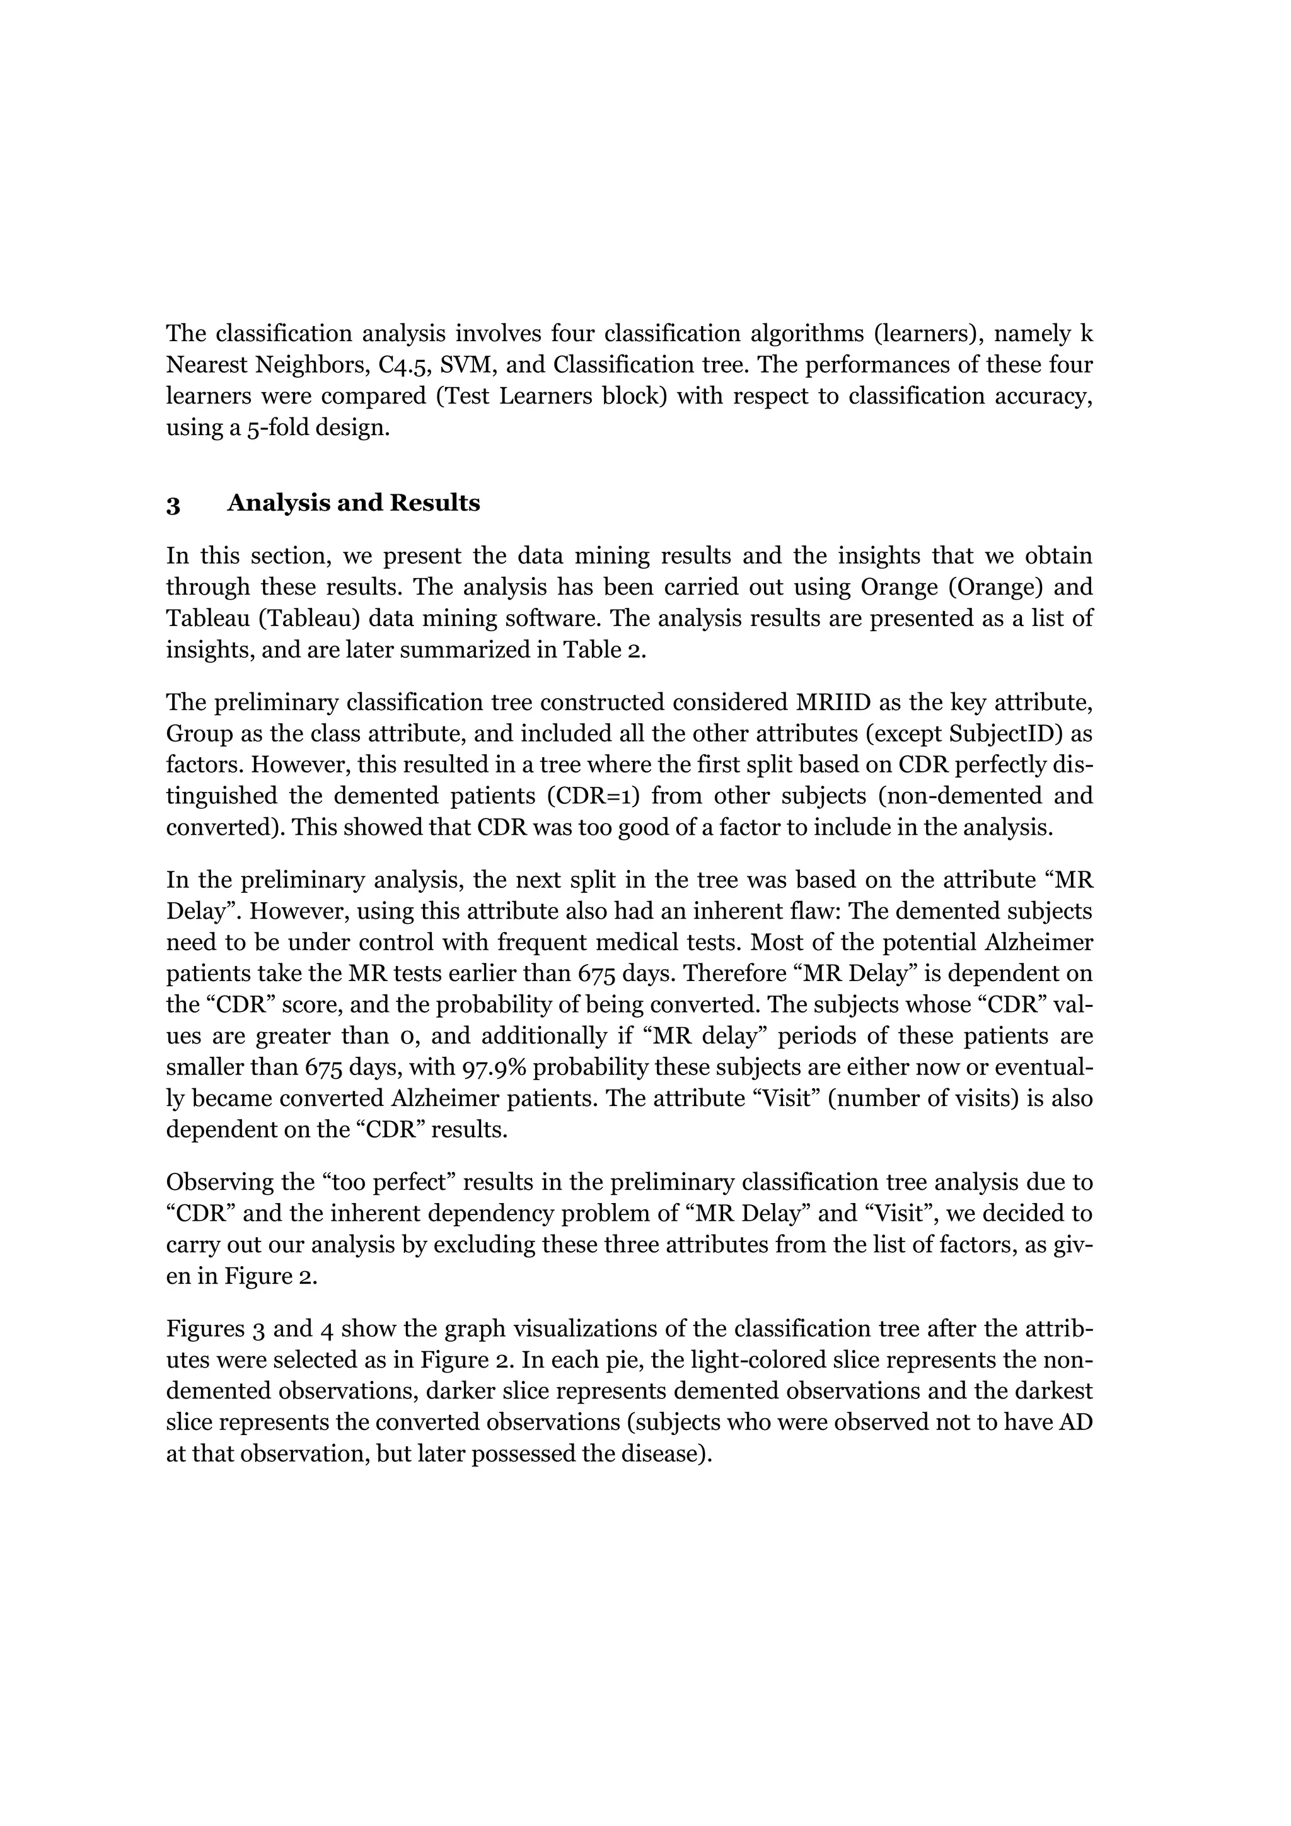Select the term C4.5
pos(402,365)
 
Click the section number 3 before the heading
pos(173,504)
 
